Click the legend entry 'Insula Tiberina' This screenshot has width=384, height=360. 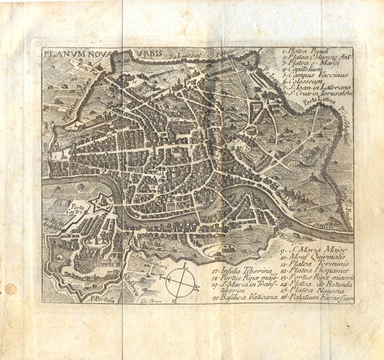coord(240,272)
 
